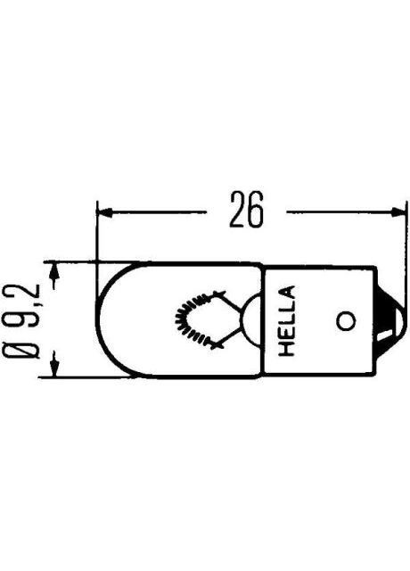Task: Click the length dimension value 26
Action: pyautogui.click(x=247, y=212)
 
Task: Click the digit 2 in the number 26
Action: pyautogui.click(x=236, y=212)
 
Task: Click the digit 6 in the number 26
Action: pyautogui.click(x=258, y=212)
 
